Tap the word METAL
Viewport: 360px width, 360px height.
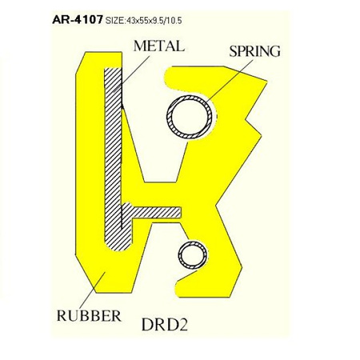tap(158, 46)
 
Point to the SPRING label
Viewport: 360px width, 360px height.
tap(254, 51)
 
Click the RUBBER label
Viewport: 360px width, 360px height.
tap(88, 314)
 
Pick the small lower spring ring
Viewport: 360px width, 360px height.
tap(192, 257)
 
